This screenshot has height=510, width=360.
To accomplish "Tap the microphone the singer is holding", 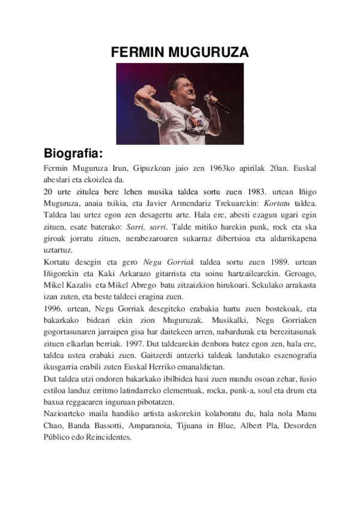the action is pos(216,102).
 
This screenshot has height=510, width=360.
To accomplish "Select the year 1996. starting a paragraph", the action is pos(56,309).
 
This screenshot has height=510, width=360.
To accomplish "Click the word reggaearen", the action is pos(100,401).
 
